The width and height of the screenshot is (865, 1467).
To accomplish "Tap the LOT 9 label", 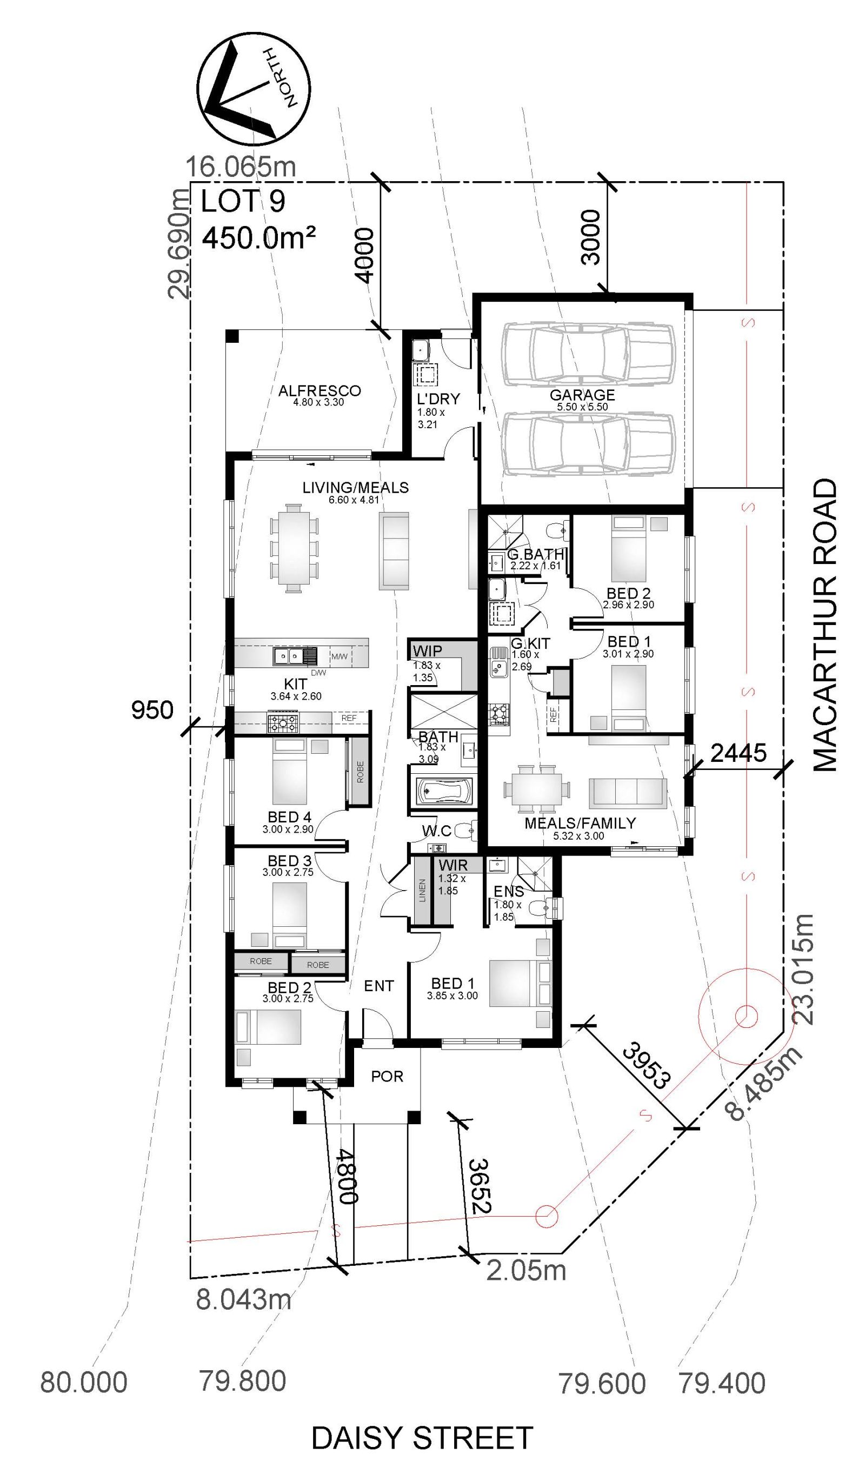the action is (243, 202).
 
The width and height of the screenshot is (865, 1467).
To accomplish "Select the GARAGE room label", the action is (582, 395).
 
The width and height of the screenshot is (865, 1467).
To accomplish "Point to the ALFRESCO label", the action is (320, 390).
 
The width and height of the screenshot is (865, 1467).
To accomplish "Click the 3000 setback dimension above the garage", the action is (591, 237).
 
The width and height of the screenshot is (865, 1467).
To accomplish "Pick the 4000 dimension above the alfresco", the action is (364, 256).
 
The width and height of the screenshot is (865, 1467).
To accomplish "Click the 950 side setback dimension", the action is (152, 710).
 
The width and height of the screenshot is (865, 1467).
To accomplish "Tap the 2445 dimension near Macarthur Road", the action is (738, 753).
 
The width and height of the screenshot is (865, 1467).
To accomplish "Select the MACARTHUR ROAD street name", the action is (824, 626).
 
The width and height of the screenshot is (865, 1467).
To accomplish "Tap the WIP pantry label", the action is (427, 650).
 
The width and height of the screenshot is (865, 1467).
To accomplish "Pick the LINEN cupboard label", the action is (422, 890).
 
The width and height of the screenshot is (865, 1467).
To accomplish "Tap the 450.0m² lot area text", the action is (259, 238).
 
